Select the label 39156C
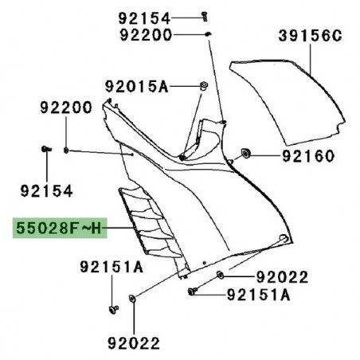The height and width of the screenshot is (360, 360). pos(310,35)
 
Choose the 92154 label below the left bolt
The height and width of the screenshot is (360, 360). pos(47,191)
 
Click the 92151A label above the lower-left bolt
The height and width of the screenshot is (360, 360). pos(111,267)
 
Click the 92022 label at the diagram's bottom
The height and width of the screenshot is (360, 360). pos(133,343)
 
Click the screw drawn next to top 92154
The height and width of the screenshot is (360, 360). pos(205,15)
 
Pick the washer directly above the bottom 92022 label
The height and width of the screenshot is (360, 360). pos(132,299)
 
